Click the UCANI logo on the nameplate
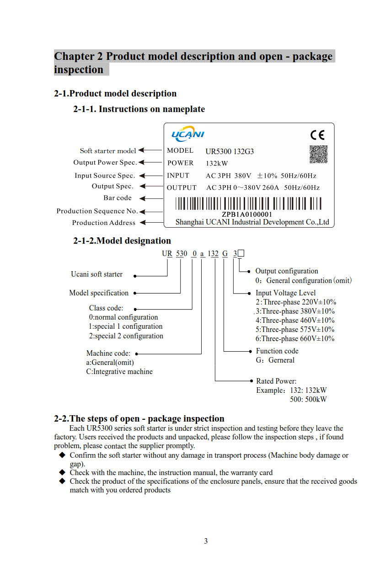tap(187, 134)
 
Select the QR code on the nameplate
tap(318, 154)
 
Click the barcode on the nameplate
tap(248, 203)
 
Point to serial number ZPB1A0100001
tap(247, 214)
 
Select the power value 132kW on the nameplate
tap(217, 163)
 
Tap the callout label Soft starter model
tap(108, 151)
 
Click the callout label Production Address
tap(104, 223)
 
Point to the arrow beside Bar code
tap(143, 198)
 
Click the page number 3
tap(206, 541)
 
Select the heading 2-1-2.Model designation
tap(122, 241)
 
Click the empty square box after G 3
tap(241, 253)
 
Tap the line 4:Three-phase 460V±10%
tap(295, 320)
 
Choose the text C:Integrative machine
tap(119, 371)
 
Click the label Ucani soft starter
tap(96, 274)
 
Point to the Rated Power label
tap(276, 381)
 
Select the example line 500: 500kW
tap(308, 399)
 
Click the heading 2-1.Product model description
tap(115, 93)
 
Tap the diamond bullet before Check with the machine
tap(63, 472)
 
